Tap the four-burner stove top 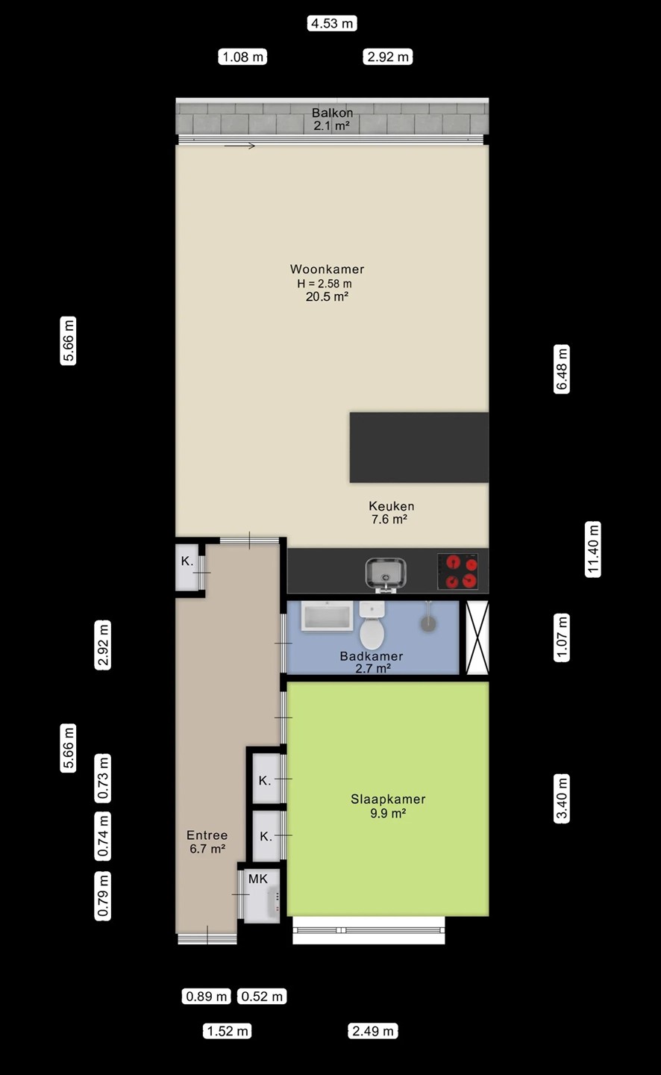(x=457, y=571)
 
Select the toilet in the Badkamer (x=372, y=625)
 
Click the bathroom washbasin (x=327, y=616)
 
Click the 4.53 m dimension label (x=332, y=23)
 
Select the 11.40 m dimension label (x=593, y=549)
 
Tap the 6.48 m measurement (x=562, y=369)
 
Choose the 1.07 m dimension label (x=562, y=638)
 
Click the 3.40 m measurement (x=562, y=799)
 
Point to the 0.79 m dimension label (x=103, y=896)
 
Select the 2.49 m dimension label (x=373, y=1031)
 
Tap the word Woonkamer (x=327, y=269)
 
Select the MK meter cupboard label (x=258, y=879)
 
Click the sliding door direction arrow (x=239, y=146)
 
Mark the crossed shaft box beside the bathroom (x=477, y=638)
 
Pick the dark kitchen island (x=419, y=446)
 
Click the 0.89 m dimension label (x=206, y=997)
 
